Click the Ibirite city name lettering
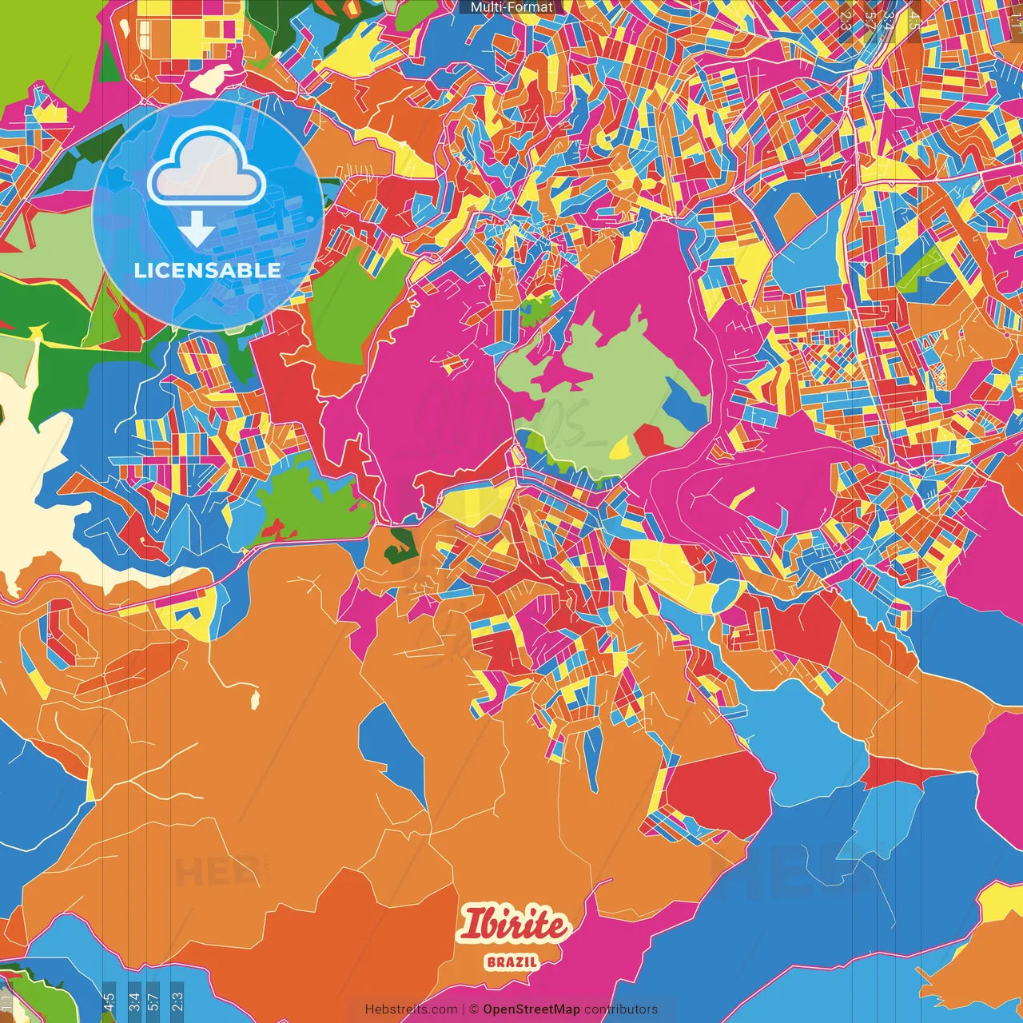pyautogui.click(x=513, y=925)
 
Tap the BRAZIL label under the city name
pyautogui.click(x=512, y=961)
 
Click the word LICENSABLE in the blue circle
pyautogui.click(x=208, y=270)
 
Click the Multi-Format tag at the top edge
pyautogui.click(x=511, y=7)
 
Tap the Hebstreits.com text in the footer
pyautogui.click(x=411, y=1009)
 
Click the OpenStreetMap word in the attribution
pyautogui.click(x=531, y=1009)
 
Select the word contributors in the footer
pyautogui.click(x=621, y=1009)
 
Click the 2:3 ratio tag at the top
pyautogui.click(x=846, y=18)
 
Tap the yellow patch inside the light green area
pyautogui.click(x=621, y=450)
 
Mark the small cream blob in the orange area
pyautogui.click(x=256, y=698)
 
